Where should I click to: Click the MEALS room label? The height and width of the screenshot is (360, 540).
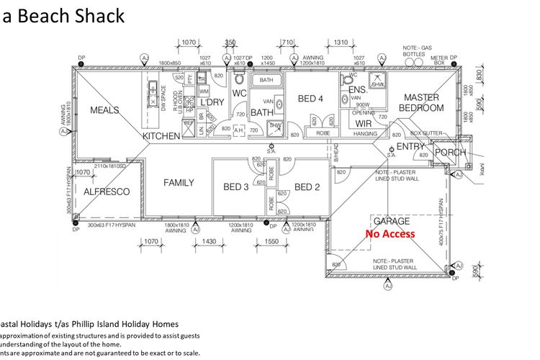[x=104, y=110]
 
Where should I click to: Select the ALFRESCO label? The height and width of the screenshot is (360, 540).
[x=107, y=192]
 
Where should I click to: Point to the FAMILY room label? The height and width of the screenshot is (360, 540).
[x=179, y=183]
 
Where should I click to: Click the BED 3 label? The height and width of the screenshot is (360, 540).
[x=236, y=187]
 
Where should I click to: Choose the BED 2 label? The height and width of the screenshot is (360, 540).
[x=307, y=187]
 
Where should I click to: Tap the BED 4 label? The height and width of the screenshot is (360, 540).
[x=310, y=99]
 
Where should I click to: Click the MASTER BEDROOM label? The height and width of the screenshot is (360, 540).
[x=422, y=102]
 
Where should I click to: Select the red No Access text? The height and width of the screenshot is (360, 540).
[x=390, y=233]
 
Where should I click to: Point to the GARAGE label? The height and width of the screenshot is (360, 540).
[x=390, y=221]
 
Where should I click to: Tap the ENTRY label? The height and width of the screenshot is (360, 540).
[x=411, y=147]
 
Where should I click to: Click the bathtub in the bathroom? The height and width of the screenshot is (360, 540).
[x=266, y=80]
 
